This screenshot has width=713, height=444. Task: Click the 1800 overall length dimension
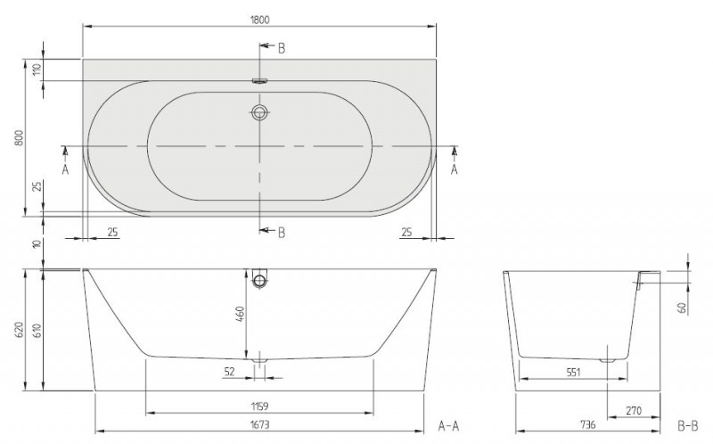259,17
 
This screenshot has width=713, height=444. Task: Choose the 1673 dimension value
259,425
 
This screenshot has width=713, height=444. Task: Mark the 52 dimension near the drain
230,371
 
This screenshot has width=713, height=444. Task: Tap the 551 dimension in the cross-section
572,371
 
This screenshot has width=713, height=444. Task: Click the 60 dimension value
682,308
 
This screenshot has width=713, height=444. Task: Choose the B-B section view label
687,425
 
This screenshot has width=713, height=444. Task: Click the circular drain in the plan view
259,112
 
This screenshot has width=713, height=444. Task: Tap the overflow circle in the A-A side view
259,282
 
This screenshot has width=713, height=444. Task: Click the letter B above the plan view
281,48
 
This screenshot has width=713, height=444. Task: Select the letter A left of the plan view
64,169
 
